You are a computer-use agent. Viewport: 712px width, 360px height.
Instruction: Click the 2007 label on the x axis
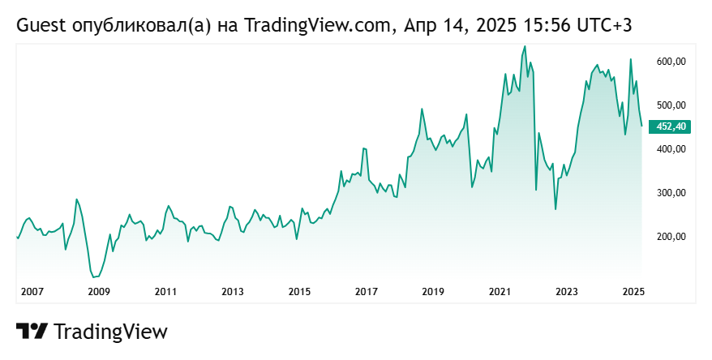(32, 291)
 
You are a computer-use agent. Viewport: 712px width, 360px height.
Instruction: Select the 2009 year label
(98, 291)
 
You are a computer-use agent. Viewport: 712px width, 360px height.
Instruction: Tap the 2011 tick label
(165, 291)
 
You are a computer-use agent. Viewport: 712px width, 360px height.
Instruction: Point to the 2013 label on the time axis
(233, 291)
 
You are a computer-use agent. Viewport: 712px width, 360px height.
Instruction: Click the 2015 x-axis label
(299, 291)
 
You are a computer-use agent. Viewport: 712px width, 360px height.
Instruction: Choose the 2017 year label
(367, 291)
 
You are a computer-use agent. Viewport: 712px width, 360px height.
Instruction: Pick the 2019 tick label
(433, 291)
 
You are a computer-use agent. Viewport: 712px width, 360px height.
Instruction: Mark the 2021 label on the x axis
(500, 291)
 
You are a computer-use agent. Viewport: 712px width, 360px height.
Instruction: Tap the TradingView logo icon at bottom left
(32, 332)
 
